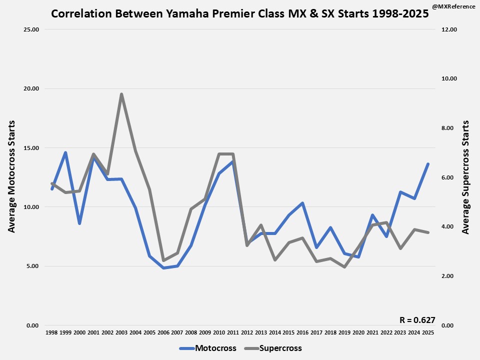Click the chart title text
(239, 13)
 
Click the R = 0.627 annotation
(417, 320)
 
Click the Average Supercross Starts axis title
(465, 177)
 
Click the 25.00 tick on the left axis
(31, 29)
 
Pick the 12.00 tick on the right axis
(449, 29)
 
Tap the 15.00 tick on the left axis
(31, 148)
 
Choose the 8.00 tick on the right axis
(449, 128)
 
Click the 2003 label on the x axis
(121, 332)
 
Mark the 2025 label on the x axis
(427, 332)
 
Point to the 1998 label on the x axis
(51, 332)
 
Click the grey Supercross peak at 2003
(121, 94)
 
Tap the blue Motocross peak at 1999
(65, 152)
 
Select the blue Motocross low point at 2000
(79, 223)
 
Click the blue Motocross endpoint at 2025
(428, 164)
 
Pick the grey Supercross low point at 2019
(344, 267)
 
